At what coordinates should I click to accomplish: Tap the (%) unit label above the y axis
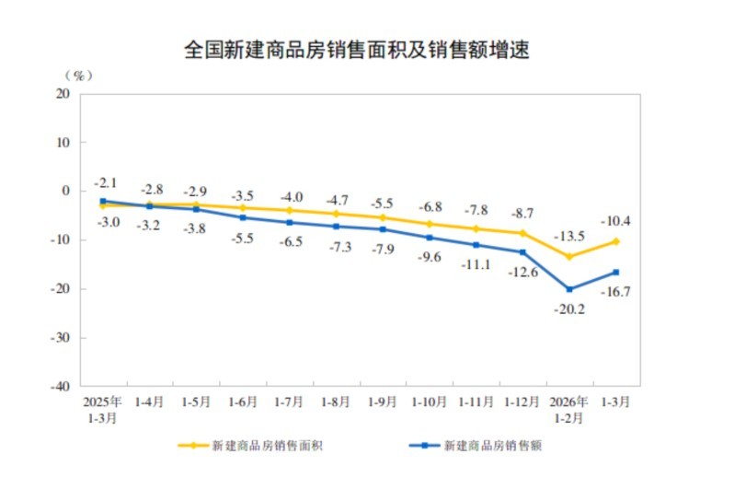[77, 75]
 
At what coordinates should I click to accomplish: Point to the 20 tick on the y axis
[63, 94]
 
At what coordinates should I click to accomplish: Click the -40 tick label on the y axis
[61, 387]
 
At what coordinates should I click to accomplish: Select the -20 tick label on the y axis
[61, 289]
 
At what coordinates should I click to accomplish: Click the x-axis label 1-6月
[243, 402]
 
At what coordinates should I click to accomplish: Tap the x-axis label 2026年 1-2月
[569, 409]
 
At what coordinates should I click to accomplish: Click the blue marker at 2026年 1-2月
[569, 289]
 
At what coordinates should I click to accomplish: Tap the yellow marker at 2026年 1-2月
[569, 257]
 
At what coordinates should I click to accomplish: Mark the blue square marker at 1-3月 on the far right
[616, 272]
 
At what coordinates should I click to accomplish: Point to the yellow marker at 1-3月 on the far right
[616, 241]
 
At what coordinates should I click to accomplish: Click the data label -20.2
[569, 310]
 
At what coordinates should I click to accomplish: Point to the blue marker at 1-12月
[522, 252]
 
